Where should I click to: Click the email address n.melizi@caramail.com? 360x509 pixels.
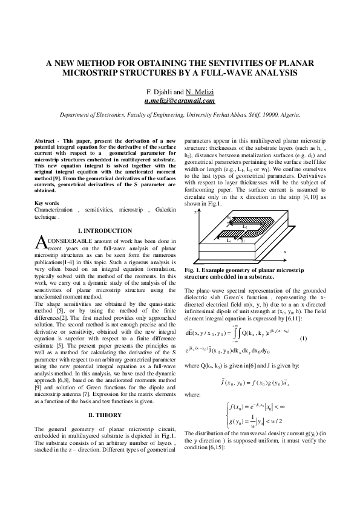[180, 101]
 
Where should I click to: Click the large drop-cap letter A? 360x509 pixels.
[40, 243]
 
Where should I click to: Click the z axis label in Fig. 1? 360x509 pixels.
[195, 213]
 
